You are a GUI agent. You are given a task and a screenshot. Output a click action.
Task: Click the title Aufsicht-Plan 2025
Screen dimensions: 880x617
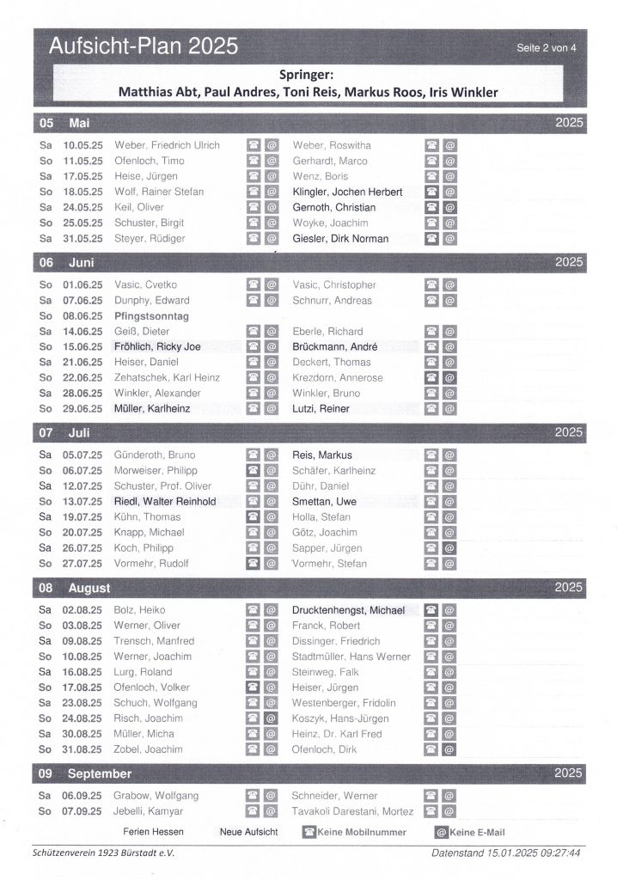144,46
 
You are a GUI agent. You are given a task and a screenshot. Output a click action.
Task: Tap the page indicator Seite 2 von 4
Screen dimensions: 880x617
547,48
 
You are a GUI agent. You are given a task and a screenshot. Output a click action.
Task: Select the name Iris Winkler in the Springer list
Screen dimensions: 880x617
468,92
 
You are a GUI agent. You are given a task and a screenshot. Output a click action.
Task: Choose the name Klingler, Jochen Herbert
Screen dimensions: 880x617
347,192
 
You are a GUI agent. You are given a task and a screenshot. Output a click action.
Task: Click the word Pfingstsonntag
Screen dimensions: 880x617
151,316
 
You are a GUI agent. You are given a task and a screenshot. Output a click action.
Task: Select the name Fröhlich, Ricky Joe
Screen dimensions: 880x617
157,347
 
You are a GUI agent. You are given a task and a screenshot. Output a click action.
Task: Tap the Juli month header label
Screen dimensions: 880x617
79,432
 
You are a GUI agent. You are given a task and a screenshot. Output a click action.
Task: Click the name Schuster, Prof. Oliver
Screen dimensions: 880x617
163,486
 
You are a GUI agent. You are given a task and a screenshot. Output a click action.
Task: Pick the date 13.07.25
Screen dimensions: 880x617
83,501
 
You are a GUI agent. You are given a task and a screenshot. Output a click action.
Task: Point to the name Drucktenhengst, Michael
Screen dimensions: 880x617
348,610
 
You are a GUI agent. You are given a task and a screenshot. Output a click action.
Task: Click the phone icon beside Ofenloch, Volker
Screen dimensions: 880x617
253,687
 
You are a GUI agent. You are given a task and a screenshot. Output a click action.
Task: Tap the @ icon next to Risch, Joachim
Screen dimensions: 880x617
270,718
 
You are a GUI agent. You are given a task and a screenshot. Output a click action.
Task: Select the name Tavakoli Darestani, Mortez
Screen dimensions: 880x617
353,811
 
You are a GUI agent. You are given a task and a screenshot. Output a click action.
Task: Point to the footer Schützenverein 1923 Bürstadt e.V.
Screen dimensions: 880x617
102,852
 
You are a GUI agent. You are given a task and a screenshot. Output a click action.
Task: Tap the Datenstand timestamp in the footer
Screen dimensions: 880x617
507,852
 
